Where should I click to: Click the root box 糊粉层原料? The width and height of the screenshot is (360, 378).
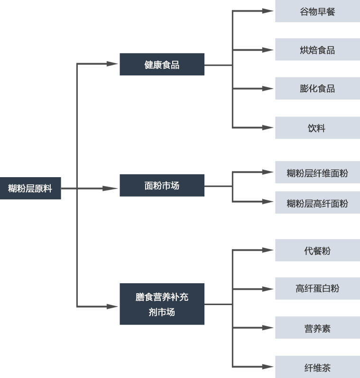[30, 188]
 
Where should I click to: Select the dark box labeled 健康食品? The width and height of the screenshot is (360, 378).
[162, 64]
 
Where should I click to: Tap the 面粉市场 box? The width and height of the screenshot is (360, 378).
[162, 185]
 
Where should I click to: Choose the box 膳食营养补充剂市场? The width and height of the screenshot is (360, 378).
[162, 304]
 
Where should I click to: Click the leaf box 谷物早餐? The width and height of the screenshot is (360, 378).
[317, 11]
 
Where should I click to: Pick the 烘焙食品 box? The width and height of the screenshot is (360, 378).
[317, 49]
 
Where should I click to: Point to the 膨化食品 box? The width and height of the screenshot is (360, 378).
[317, 89]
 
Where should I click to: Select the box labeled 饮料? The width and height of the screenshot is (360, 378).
[317, 128]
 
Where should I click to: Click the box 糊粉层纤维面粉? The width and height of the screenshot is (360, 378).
[317, 172]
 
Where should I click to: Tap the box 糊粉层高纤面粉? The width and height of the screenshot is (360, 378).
[317, 203]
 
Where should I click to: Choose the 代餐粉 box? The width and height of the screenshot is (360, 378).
[317, 250]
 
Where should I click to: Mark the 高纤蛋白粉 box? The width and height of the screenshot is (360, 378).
[317, 288]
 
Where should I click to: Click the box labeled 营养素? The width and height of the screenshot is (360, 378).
[317, 328]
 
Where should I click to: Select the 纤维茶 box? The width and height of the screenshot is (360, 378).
[317, 367]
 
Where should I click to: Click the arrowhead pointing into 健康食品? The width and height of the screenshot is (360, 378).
[112, 64]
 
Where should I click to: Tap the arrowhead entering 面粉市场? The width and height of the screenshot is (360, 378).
[110, 189]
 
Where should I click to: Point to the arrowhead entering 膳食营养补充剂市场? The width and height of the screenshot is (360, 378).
[112, 306]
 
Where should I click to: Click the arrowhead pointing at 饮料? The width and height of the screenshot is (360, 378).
[268, 127]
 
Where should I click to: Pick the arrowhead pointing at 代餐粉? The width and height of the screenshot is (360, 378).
[268, 250]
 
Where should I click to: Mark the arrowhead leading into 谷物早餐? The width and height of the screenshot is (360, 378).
[268, 11]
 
